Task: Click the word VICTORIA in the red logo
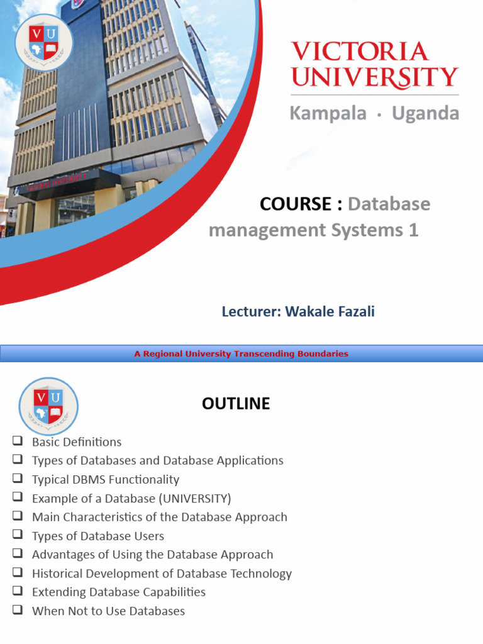click(x=359, y=52)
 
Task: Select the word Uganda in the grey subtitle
click(x=425, y=113)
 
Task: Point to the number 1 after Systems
click(x=413, y=231)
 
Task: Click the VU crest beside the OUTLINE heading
click(x=48, y=406)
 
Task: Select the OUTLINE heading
click(x=236, y=404)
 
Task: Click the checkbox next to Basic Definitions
click(x=18, y=441)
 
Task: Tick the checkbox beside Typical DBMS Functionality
click(x=18, y=479)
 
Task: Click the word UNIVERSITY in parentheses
click(x=194, y=499)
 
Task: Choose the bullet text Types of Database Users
click(x=97, y=536)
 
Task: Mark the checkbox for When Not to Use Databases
click(x=18, y=611)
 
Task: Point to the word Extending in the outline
click(x=58, y=592)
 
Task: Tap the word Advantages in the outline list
click(x=62, y=555)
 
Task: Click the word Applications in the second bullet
click(x=250, y=460)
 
